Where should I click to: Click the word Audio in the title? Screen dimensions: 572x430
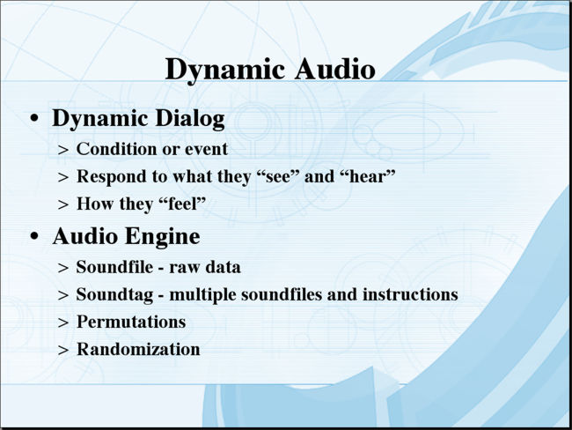(x=335, y=69)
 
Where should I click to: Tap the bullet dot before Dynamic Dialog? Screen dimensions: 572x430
(x=34, y=118)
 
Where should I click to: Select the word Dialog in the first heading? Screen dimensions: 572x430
(x=190, y=119)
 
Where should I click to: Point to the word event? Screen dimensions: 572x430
(x=206, y=149)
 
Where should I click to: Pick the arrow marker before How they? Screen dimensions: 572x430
(x=63, y=204)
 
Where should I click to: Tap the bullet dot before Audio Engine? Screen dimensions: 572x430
(x=34, y=236)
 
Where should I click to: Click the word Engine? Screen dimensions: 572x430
(x=163, y=237)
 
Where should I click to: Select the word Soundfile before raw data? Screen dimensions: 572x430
(x=114, y=267)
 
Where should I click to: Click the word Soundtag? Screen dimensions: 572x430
(x=114, y=295)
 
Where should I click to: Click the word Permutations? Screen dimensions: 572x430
(x=131, y=322)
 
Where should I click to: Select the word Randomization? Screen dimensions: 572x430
(x=138, y=349)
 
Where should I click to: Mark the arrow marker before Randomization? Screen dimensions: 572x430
(x=63, y=350)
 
